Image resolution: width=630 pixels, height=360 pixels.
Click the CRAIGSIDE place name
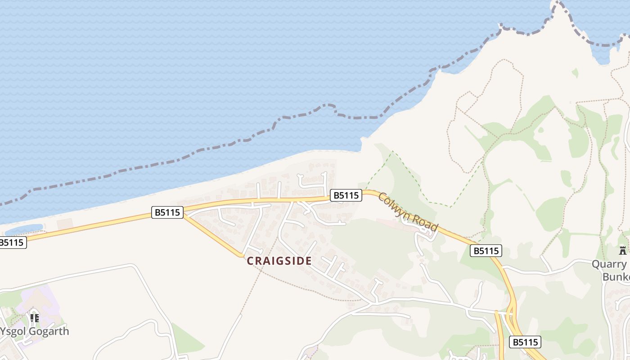(x=279, y=261)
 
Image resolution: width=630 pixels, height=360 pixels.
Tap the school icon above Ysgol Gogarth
(x=34, y=318)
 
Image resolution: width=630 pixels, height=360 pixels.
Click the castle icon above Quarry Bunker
(x=623, y=250)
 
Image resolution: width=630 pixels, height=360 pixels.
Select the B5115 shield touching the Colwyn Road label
(x=346, y=195)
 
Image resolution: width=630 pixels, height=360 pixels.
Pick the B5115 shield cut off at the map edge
(x=12, y=243)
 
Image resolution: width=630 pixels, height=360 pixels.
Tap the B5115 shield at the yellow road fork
(x=167, y=212)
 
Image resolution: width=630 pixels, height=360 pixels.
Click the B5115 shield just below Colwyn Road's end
(x=486, y=251)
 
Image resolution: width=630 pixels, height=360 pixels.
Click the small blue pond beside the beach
(x=25, y=229)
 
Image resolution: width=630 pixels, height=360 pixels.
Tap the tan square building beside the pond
(x=65, y=223)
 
